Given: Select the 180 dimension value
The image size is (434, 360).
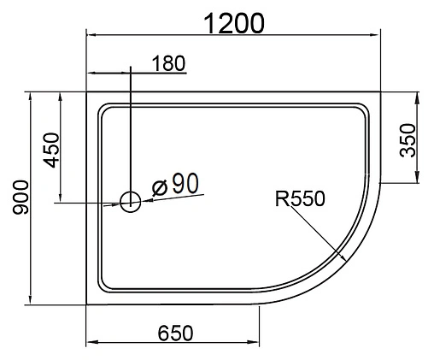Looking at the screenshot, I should coord(167,63).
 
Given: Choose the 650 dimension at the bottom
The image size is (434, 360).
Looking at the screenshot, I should coord(173,333).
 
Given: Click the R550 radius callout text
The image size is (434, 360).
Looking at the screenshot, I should coord(300,199).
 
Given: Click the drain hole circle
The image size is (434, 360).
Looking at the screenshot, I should coord(131,202).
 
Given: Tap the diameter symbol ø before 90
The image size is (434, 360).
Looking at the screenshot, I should coord(158,186).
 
